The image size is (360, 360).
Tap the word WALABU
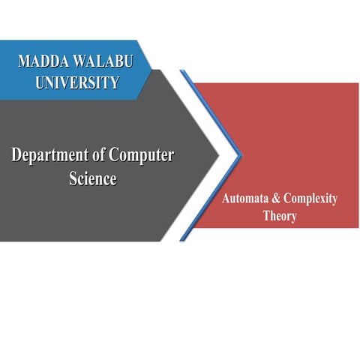coord(104,62)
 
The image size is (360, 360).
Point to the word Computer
coord(142,156)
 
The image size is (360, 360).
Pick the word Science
coord(90,179)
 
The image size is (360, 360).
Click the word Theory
coord(280,216)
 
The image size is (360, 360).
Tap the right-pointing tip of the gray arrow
coord(217,156)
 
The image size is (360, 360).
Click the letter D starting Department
coord(16,156)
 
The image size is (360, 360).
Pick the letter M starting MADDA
coord(25,62)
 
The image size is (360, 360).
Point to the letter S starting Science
coord(69,179)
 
